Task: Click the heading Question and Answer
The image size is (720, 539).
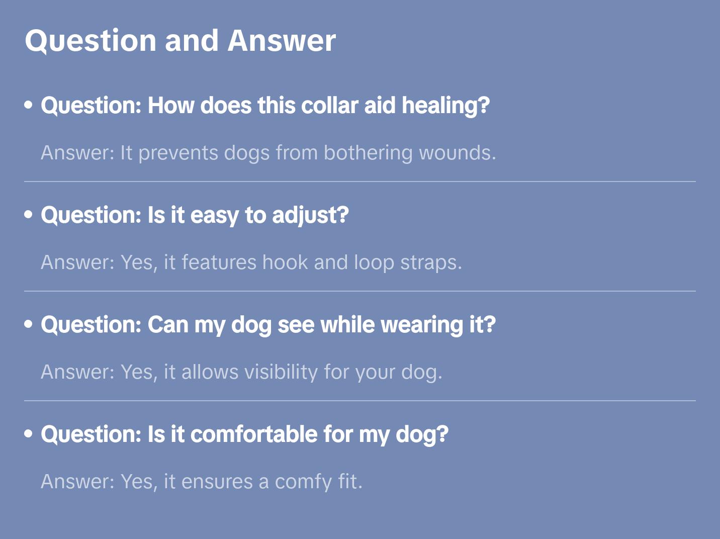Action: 180,40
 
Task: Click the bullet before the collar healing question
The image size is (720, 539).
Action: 29,105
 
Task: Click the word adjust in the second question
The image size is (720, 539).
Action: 310,215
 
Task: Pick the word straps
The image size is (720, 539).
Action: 430,262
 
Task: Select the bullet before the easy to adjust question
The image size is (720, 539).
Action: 29,215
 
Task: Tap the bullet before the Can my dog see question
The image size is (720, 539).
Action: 29,324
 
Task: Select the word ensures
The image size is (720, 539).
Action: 217,482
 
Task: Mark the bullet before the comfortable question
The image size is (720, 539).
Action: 29,434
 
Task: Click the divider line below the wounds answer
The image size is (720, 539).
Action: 360,182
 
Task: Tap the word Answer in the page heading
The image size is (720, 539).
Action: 282,40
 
